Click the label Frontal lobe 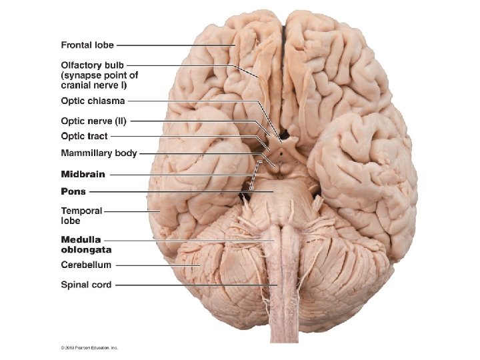click(87, 45)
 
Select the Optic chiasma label click(93, 101)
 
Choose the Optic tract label click(84, 137)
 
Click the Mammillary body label click(99, 153)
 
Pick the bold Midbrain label click(83, 175)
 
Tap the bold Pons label click(73, 192)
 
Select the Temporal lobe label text click(81, 215)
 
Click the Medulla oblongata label click(85, 245)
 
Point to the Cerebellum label click(86, 265)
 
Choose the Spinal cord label click(86, 285)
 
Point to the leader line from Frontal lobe click(173, 45)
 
